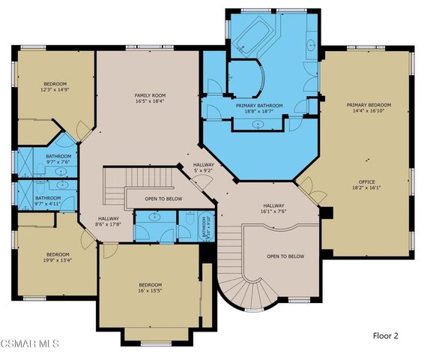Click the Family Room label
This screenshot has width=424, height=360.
(x=150, y=98)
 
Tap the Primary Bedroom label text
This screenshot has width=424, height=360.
(x=368, y=108)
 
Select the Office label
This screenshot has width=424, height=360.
(x=366, y=184)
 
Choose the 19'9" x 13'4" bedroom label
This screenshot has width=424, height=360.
(x=56, y=257)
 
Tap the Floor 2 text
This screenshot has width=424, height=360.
(x=386, y=336)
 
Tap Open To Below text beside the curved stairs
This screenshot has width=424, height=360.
(x=285, y=256)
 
